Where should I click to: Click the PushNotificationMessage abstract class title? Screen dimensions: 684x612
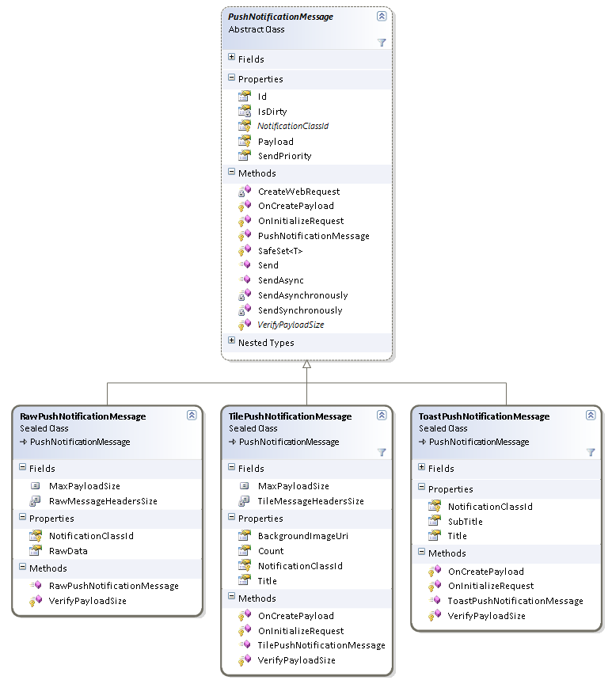(x=280, y=17)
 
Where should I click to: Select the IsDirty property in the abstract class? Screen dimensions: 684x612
(x=272, y=112)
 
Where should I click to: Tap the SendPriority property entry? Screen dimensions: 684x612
(x=284, y=156)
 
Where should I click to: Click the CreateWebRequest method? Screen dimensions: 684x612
(x=298, y=192)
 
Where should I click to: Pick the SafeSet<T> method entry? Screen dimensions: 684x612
(x=280, y=251)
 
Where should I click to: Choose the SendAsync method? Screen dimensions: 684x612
(x=280, y=280)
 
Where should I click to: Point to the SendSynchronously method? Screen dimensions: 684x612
(x=300, y=310)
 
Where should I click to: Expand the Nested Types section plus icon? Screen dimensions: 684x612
(x=231, y=342)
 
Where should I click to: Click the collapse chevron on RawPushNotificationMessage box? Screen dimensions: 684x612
(x=192, y=415)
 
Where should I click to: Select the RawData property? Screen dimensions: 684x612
(x=68, y=551)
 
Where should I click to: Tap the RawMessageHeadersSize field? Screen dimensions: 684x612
(x=103, y=501)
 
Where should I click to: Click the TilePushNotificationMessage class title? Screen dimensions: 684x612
(x=290, y=416)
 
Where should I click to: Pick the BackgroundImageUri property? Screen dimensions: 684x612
(x=302, y=536)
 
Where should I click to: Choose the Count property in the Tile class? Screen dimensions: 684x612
(x=271, y=551)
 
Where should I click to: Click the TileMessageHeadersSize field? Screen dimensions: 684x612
(x=310, y=501)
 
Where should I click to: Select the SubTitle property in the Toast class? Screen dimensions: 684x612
(x=465, y=522)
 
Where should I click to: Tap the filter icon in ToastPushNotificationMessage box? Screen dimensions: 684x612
(x=590, y=452)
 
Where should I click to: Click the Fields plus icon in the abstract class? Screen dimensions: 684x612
(x=231, y=58)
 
